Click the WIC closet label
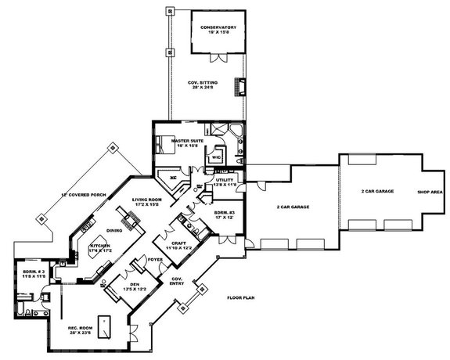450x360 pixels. (217, 157)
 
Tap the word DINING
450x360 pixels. (115, 230)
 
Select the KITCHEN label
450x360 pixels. (100, 246)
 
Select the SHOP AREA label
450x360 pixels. (429, 191)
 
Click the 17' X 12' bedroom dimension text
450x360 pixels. (224, 217)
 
